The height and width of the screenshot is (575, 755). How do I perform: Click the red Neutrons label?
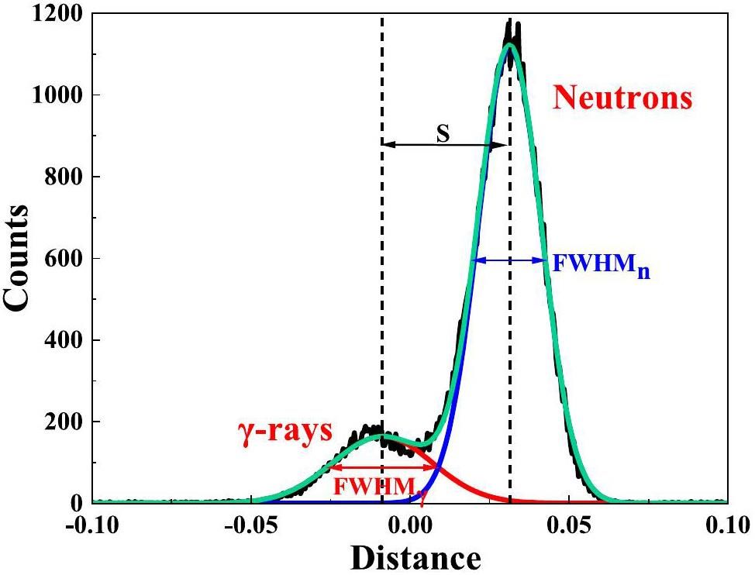pos(622,98)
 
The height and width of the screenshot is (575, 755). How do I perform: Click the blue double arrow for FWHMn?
pos(509,261)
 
